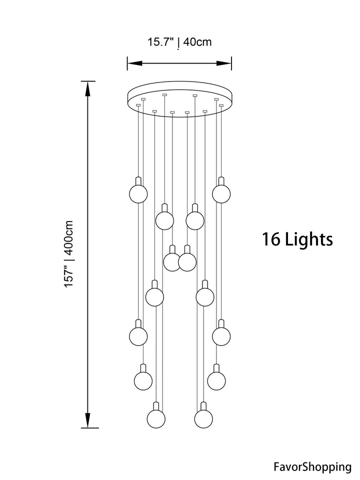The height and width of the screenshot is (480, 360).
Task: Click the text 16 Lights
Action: [x=297, y=239]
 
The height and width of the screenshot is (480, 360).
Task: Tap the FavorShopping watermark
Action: [x=312, y=467]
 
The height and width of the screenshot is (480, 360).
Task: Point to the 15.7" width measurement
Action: [x=160, y=42]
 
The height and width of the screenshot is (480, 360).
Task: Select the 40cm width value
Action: [x=197, y=42]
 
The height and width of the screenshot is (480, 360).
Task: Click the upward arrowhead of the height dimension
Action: [x=88, y=89]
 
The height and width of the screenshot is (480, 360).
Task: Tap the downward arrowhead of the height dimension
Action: [x=88, y=420]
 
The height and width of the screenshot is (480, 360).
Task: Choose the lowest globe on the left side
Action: [x=156, y=418]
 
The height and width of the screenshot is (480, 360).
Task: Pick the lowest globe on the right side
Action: [x=203, y=418]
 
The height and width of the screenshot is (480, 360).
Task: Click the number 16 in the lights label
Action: [x=271, y=239]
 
